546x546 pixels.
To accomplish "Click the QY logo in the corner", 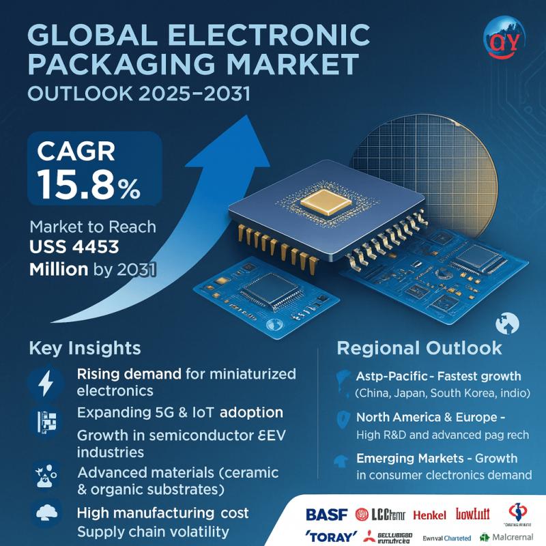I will pos(506,39).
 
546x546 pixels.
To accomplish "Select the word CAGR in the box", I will pos(74,150).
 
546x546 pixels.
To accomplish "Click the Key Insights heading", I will pos(85,348).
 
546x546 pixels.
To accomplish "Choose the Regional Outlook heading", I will pos(420,348).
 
